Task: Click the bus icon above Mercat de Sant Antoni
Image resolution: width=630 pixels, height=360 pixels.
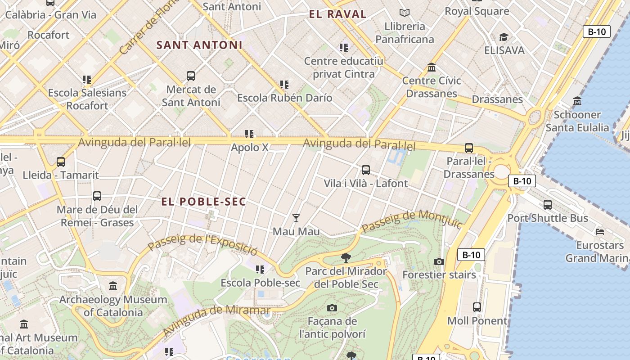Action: click(190, 76)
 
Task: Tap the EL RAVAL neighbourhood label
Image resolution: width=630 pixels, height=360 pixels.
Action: click(337, 14)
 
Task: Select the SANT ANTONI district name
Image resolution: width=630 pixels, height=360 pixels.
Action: click(199, 45)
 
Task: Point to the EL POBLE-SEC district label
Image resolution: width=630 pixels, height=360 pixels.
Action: click(204, 202)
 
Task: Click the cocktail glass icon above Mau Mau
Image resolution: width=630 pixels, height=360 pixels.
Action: click(296, 218)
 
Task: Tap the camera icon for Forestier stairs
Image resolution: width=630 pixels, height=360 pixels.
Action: click(439, 261)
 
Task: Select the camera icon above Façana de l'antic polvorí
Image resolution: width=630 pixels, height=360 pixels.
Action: click(332, 308)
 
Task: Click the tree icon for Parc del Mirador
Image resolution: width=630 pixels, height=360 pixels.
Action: click(346, 257)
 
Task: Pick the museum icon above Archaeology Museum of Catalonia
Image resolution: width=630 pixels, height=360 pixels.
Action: click(113, 286)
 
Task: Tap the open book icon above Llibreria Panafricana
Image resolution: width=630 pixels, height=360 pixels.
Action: click(405, 13)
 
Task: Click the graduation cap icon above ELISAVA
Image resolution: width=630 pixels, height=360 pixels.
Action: click(504, 37)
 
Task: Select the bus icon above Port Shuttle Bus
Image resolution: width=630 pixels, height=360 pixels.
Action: click(547, 205)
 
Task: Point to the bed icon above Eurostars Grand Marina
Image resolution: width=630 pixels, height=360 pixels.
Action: click(600, 232)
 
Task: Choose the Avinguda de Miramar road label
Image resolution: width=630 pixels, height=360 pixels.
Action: click(216, 319)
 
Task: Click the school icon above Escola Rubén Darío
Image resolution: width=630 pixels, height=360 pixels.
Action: click(284, 84)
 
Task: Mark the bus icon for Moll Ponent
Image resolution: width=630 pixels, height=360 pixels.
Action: click(477, 307)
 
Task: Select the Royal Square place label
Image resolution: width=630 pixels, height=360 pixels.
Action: click(477, 11)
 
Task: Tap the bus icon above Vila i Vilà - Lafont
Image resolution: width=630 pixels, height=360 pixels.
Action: click(365, 170)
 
